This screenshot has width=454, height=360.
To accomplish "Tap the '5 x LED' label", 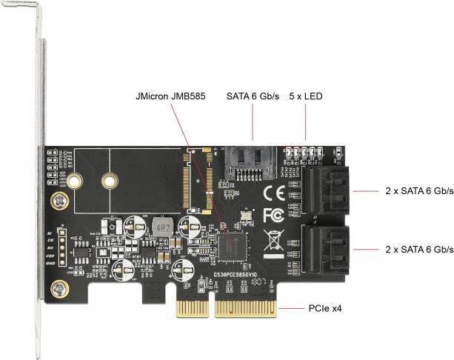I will pos(305,96).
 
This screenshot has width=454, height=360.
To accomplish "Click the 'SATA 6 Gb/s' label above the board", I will pos(253,96).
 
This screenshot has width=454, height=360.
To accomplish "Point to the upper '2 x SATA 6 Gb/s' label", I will pos(419,190).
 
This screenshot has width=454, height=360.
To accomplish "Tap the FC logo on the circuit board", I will pos(273,216).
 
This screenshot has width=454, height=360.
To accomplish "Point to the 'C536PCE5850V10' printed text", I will pos(236,275).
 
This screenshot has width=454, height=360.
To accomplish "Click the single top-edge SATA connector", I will pos(253,161).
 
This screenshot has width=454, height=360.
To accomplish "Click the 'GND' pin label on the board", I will pos(51,262).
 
